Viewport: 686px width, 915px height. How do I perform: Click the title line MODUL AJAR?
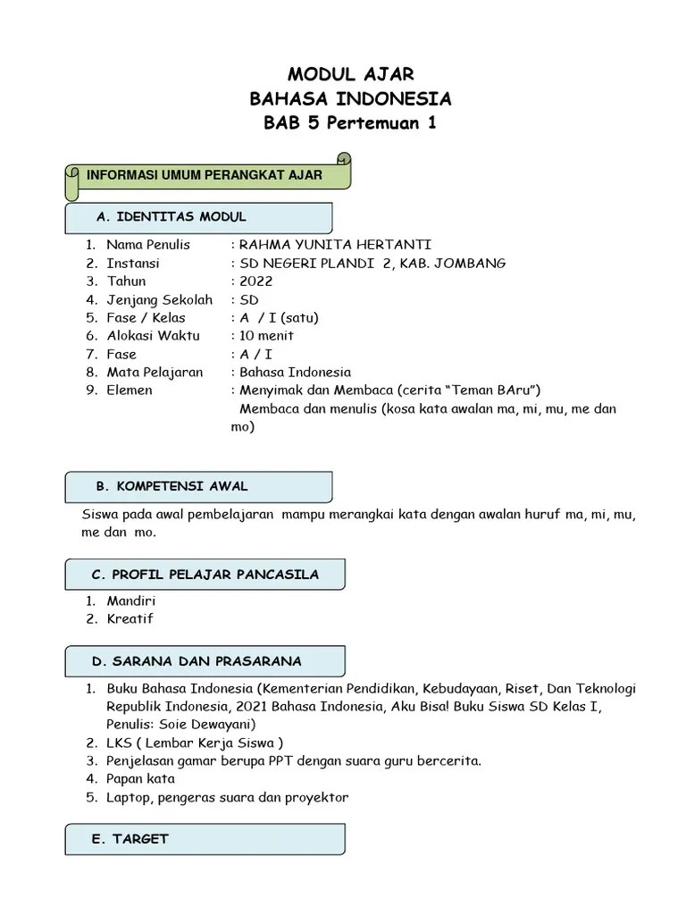point(350,73)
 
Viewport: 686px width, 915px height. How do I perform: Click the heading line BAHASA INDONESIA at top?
point(350,98)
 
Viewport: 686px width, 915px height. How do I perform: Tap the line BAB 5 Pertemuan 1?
point(350,123)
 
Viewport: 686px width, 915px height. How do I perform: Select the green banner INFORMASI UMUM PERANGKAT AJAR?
point(205,175)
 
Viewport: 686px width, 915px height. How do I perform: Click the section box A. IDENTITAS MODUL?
point(198,217)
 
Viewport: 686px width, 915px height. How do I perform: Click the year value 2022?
point(255,281)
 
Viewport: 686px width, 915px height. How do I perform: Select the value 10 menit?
point(265,336)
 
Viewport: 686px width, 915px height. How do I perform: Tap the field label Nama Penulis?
point(148,245)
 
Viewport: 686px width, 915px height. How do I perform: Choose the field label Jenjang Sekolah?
point(159,300)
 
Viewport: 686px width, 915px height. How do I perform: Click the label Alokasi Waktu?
point(153,336)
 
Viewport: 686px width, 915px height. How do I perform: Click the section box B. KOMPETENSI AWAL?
point(198,487)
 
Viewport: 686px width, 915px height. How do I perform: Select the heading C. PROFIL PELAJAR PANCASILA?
point(205,574)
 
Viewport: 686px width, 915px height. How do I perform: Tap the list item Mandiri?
point(130,601)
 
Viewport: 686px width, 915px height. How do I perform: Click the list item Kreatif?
point(130,619)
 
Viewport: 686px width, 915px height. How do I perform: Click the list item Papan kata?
point(140,779)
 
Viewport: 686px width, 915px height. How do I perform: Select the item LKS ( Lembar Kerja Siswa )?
point(195,743)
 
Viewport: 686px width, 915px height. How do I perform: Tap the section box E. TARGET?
point(205,839)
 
